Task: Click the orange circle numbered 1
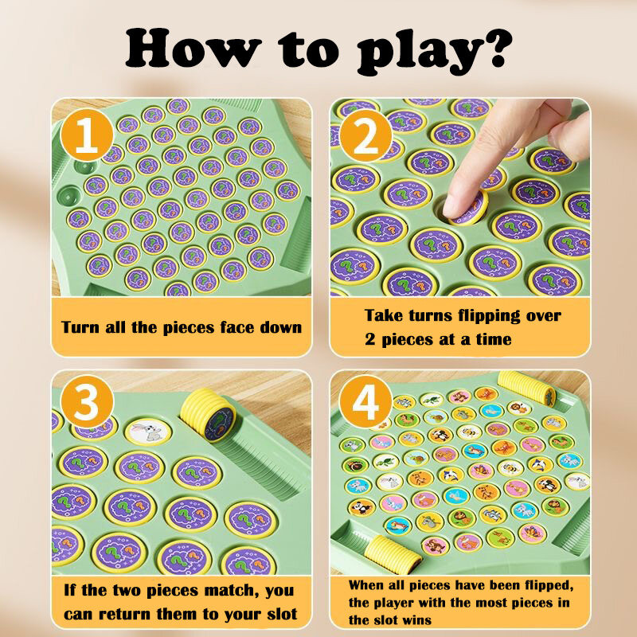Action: pos(87,135)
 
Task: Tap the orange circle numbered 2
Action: pos(365,135)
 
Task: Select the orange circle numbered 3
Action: pos(87,401)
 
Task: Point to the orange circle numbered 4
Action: pos(365,401)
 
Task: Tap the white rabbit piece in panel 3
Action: pos(148,432)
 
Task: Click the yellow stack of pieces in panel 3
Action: pos(208,414)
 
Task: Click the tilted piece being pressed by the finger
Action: pos(471,208)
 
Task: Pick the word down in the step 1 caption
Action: pos(281,327)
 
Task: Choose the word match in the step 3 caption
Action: pos(231,590)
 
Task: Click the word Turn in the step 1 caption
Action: pos(80,327)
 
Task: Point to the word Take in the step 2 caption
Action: pos(383,315)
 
